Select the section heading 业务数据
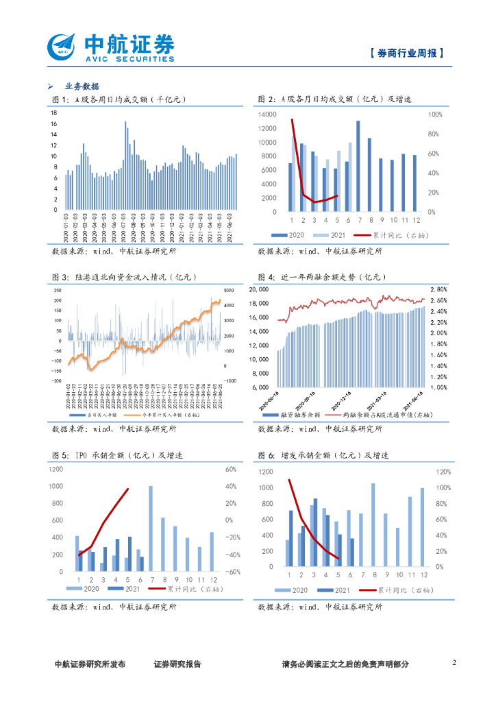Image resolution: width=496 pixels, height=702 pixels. pos(82,86)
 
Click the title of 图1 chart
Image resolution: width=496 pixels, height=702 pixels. pos(119,100)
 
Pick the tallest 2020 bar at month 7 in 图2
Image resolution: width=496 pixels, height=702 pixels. pos(358,166)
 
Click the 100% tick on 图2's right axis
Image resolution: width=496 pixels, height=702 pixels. pos(435,114)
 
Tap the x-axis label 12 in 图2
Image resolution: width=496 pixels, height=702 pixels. pos(414,220)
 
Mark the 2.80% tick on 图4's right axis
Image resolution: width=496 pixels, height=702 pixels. pos(438,289)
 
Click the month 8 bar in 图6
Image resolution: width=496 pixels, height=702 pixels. pos(373,524)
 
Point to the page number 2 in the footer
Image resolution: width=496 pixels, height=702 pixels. pos(454,663)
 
